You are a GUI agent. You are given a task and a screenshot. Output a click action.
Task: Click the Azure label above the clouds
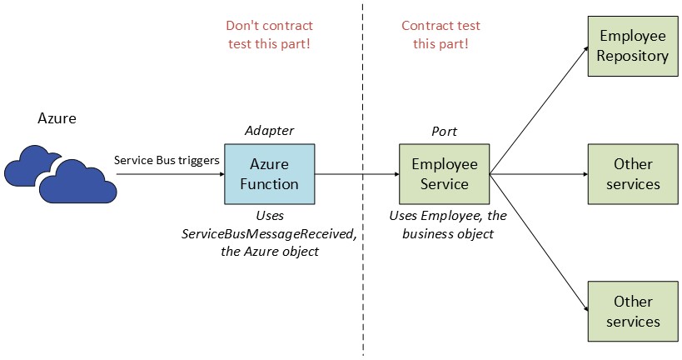[57, 118]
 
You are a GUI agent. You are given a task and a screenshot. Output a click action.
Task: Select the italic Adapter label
[269, 131]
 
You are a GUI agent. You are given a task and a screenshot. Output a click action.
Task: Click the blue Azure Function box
[269, 174]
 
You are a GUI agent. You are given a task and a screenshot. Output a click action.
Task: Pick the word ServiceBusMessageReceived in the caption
[269, 234]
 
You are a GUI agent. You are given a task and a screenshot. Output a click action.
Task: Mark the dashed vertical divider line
[363, 250]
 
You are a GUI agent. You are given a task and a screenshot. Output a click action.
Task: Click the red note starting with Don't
[269, 34]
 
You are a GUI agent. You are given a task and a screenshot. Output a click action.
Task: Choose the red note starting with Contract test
[441, 34]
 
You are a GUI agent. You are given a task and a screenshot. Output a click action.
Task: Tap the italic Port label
[444, 132]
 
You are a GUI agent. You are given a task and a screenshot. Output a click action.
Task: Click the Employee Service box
[444, 174]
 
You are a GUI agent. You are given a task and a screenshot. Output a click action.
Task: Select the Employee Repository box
[633, 47]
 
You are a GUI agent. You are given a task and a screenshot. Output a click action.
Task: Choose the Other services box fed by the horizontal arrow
[633, 174]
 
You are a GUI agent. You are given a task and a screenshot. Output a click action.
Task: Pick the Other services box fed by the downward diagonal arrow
[633, 311]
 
